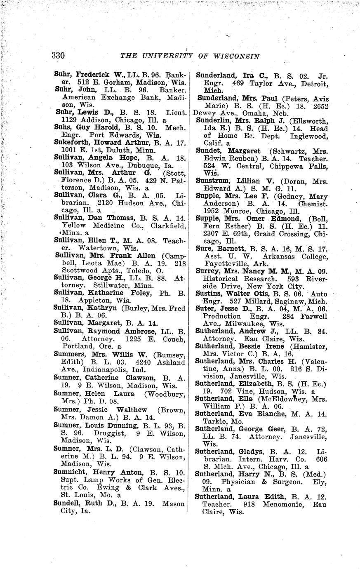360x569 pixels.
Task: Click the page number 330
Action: [59, 56]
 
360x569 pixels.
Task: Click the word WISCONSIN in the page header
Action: [236, 56]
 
